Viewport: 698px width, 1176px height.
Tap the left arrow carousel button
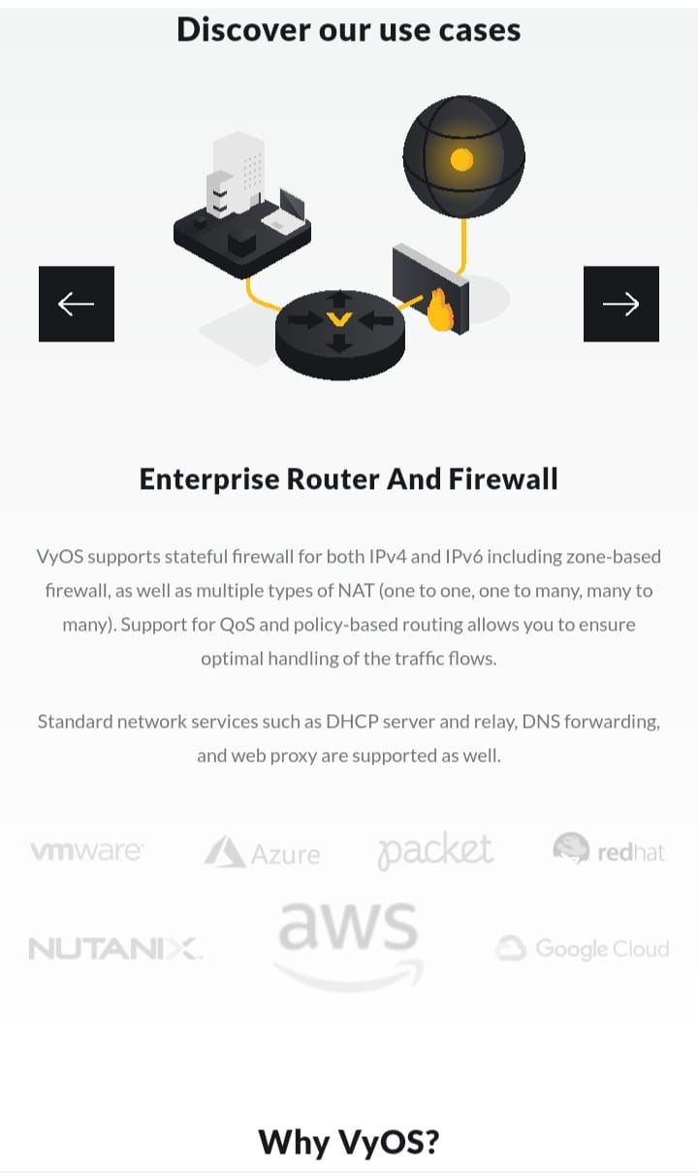coord(77,304)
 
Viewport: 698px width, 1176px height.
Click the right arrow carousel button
coord(620,304)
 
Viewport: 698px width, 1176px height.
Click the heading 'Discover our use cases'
coord(349,29)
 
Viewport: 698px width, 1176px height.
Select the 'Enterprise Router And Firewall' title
coord(349,478)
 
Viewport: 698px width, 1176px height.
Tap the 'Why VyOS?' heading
coord(349,1142)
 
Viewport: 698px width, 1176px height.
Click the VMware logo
coord(86,851)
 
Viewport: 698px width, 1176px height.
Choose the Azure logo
coord(262,853)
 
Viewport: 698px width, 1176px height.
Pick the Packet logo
coord(435,851)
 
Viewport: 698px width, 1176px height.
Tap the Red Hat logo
coord(609,850)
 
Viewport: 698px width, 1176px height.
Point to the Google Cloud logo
coord(583,948)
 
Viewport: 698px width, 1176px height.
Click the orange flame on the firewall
coord(442,312)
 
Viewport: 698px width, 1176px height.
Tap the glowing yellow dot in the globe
coord(462,159)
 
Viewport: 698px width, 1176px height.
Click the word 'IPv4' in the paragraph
coord(392,557)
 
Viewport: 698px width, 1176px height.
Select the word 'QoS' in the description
coord(238,624)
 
